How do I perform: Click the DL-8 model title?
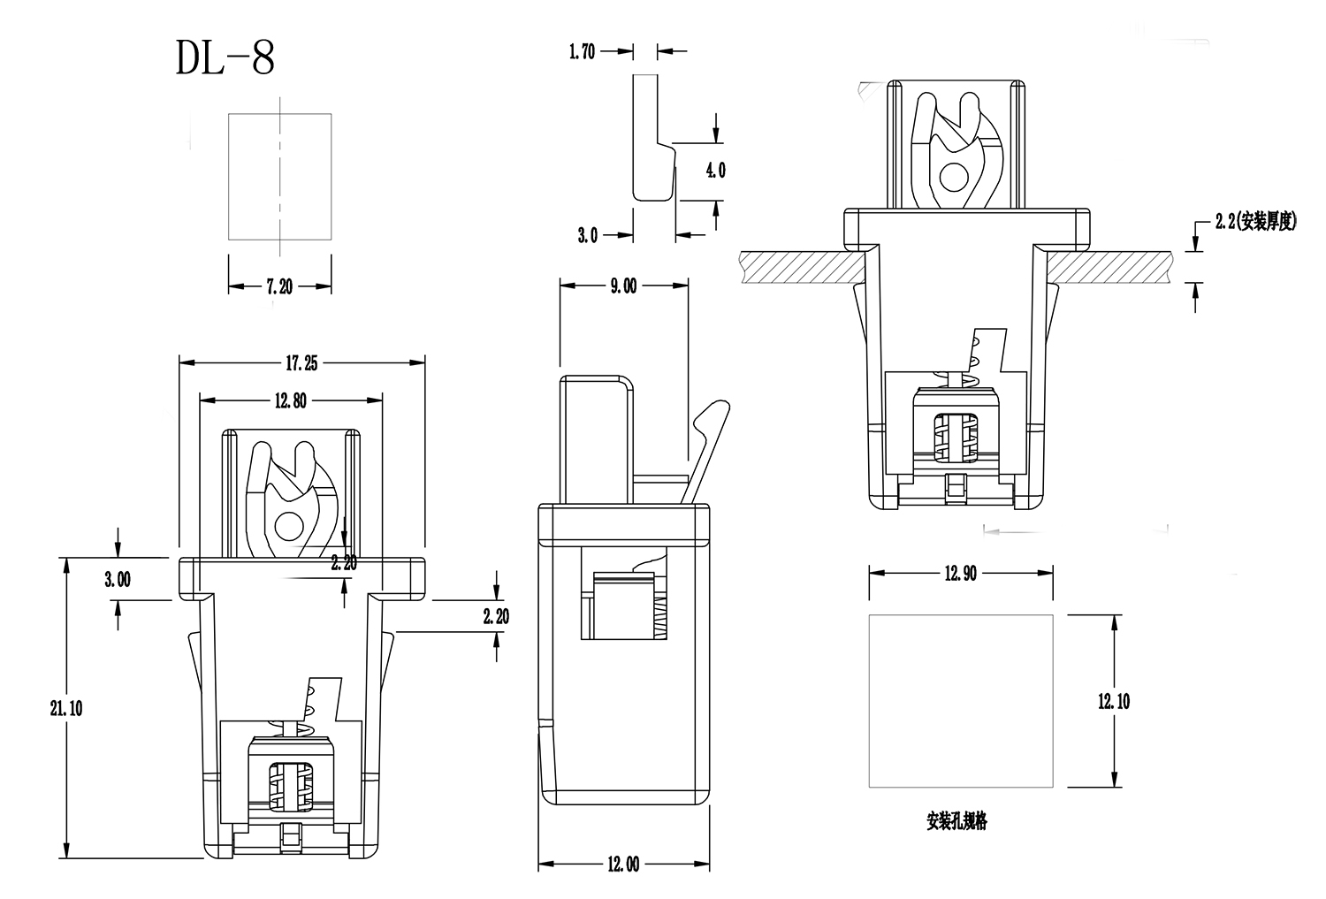(225, 58)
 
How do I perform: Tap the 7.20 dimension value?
(279, 286)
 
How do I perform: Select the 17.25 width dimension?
(301, 362)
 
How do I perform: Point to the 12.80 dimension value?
(290, 400)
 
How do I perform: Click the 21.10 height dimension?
(67, 708)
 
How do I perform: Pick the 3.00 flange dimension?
(118, 579)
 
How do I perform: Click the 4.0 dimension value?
(716, 171)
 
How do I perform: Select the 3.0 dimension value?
(587, 235)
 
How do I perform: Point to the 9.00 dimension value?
(623, 286)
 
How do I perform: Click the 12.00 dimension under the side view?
(622, 865)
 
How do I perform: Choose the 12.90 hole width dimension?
(960, 573)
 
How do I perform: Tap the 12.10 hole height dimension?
(1114, 701)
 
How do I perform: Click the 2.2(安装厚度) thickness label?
(1255, 223)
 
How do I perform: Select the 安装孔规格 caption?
(956, 822)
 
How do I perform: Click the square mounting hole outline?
(961, 700)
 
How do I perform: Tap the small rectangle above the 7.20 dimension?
(279, 176)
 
